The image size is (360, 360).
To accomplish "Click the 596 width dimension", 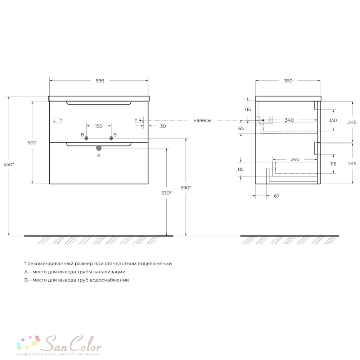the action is (x=100, y=81).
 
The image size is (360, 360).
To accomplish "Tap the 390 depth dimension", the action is (x=288, y=81).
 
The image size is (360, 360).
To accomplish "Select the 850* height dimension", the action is (x=9, y=164).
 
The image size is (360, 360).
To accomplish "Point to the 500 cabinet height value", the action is (x=32, y=143).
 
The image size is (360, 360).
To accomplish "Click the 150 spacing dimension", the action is (x=99, y=126).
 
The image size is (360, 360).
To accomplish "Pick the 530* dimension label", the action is (x=166, y=193).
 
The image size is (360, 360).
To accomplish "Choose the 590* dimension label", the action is (x=186, y=188).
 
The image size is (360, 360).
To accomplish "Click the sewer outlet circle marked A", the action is (x=99, y=148).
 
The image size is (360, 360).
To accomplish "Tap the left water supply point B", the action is (x=86, y=138).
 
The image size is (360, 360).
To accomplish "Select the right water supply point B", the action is (x=111, y=138).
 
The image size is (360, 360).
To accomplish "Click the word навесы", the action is (x=202, y=121).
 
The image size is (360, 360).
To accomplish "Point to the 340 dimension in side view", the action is (x=289, y=120).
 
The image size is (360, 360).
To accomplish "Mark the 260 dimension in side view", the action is (x=295, y=159).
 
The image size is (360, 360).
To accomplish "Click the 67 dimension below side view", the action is (x=276, y=196).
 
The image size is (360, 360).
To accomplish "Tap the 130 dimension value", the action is (x=333, y=120).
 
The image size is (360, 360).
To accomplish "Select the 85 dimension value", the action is (x=240, y=169).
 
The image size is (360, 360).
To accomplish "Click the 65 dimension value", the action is (x=241, y=129).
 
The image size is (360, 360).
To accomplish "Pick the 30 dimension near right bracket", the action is (x=163, y=126).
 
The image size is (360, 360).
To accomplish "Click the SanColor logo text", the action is (x=72, y=344).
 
